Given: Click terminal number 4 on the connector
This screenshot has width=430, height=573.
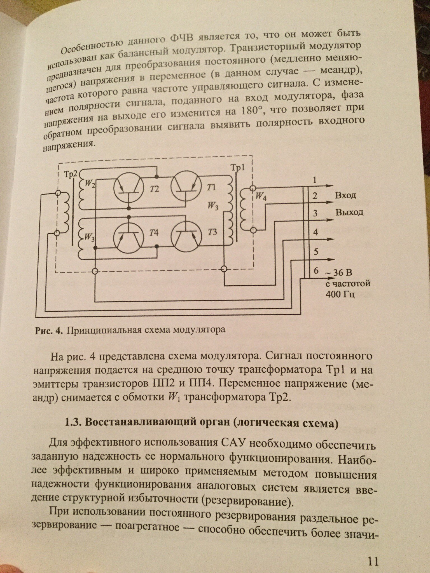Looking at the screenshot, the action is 316,232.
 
